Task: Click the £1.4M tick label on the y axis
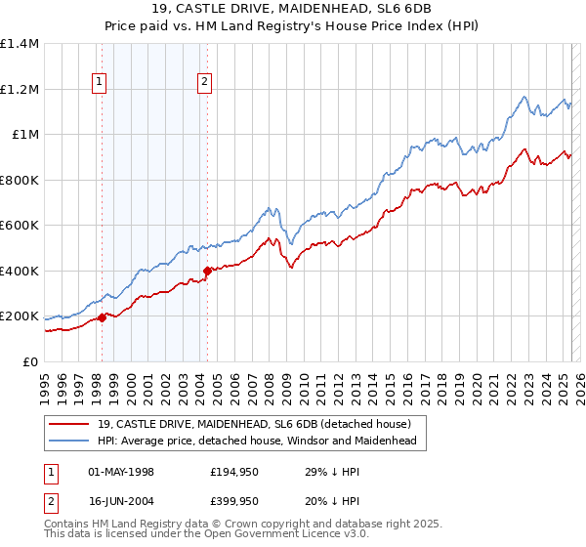[20, 44]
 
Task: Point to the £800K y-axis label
[20, 180]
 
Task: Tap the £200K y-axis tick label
[20, 316]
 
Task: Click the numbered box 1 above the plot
[101, 83]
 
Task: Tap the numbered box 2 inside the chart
[205, 83]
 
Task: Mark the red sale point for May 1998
[102, 317]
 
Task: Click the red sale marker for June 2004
[207, 271]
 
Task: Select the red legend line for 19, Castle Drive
[68, 424]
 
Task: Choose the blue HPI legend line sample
[68, 442]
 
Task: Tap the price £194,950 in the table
[234, 472]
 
